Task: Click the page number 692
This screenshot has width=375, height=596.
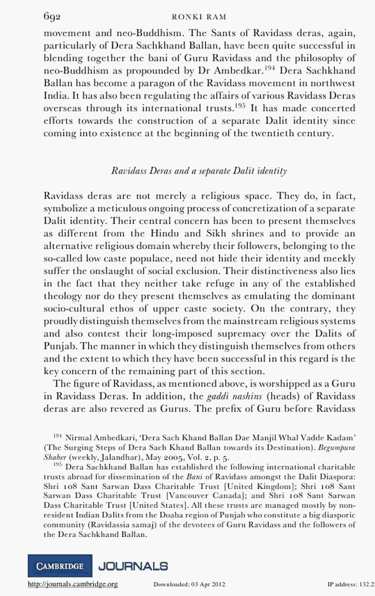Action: (52, 17)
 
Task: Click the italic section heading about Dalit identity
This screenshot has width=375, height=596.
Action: (199, 171)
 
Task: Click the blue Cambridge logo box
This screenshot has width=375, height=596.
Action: (60, 566)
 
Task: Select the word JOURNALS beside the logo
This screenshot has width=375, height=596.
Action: (133, 566)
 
